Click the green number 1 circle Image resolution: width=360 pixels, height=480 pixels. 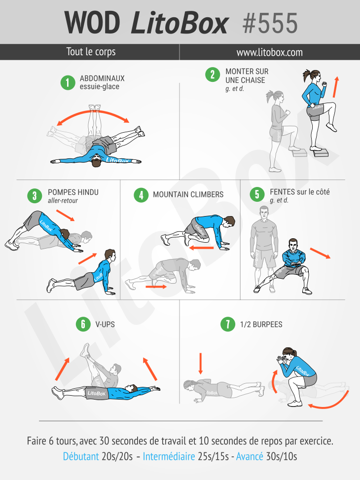click(68, 83)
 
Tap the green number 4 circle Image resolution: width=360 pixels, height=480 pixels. click(141, 195)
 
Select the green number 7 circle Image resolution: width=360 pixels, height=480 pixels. click(228, 324)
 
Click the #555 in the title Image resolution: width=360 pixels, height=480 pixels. click(270, 23)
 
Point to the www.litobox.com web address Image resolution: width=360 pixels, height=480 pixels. click(270, 52)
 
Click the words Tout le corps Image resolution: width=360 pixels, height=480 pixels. click(91, 52)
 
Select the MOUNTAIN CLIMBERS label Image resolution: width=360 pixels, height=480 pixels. click(188, 195)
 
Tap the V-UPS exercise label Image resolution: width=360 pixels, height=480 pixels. click(105, 324)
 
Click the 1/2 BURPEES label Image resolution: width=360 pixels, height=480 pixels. click(261, 325)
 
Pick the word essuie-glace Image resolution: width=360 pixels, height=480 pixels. click(100, 87)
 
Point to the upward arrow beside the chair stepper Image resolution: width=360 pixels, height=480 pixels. click(336, 87)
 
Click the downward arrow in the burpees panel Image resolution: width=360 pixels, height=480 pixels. click(201, 364)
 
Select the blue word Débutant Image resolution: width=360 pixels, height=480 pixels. click(81, 456)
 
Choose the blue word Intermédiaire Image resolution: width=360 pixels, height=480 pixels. click(169, 456)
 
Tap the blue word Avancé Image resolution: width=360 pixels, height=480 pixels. click(250, 456)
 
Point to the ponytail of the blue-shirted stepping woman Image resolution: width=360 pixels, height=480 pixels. click(307, 74)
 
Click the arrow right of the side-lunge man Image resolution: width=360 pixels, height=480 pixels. click(320, 253)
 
